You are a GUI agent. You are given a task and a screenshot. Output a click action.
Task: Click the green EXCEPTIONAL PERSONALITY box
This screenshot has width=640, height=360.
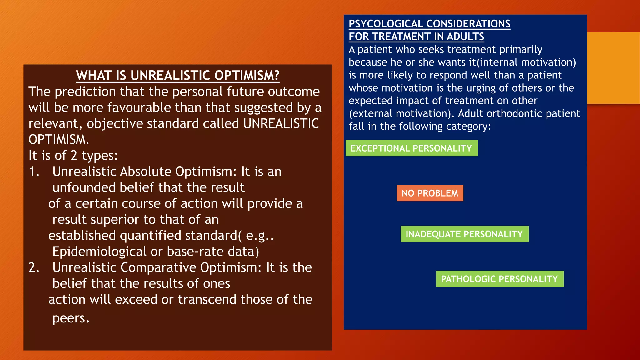pos(411,148)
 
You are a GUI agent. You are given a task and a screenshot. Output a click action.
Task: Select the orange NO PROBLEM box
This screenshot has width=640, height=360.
pos(430,193)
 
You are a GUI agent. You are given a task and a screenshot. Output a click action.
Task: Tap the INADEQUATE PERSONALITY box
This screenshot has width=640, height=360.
pos(464,234)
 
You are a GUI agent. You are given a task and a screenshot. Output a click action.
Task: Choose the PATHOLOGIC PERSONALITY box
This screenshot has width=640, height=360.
pos(499,279)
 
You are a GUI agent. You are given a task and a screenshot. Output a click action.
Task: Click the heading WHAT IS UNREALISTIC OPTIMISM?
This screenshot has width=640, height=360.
pos(177,76)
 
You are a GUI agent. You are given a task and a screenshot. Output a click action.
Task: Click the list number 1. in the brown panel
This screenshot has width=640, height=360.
pos(34,172)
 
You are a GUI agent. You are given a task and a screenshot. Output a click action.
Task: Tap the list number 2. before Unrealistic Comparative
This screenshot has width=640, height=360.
pos(34,268)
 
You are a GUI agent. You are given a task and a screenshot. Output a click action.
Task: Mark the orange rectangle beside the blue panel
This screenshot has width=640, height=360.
pos(613,68)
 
